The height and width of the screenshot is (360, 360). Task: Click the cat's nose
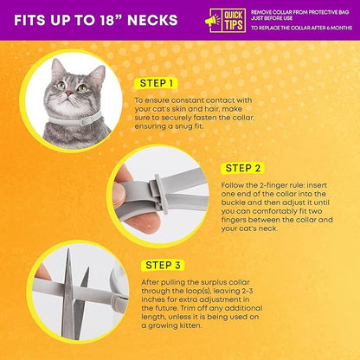pos(66,90)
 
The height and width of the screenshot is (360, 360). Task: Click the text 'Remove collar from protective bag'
pos(293,10)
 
